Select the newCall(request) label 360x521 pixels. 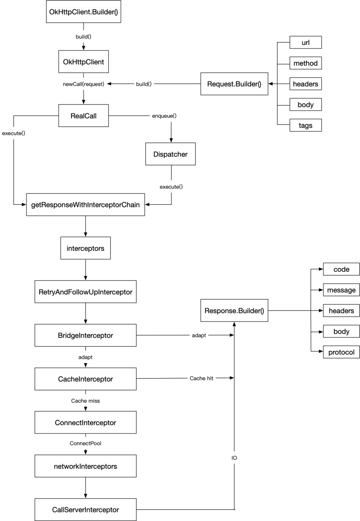point(83,84)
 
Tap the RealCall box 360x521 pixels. point(83,116)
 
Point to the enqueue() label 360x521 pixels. point(164,116)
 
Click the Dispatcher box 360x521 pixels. point(170,154)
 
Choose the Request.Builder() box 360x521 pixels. point(234,84)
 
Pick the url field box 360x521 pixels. point(305,43)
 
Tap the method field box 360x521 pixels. point(305,63)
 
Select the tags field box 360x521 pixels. point(305,125)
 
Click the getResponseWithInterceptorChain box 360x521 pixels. point(85,205)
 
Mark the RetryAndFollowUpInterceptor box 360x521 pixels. point(85,292)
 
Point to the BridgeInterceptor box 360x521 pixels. point(85,335)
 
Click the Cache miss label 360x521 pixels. point(85,401)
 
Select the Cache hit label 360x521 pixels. point(202,379)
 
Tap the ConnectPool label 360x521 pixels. point(85,443)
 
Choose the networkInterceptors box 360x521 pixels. point(85,466)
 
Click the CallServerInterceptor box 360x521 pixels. point(85,510)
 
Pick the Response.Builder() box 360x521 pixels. point(234,311)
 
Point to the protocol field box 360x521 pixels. point(341,352)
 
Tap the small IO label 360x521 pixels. point(234,458)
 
